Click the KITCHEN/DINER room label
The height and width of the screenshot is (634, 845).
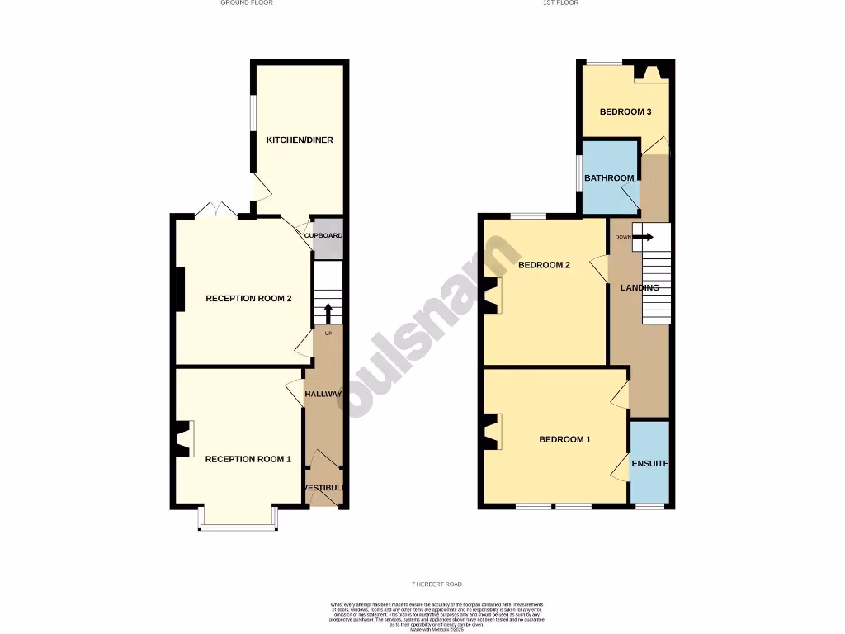[x=299, y=140]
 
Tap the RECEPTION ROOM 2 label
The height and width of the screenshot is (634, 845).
[x=248, y=299]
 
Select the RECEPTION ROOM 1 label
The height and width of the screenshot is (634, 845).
[x=248, y=459]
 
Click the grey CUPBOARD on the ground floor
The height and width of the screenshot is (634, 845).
[x=323, y=236]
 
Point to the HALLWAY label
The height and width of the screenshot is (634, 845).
[x=323, y=395]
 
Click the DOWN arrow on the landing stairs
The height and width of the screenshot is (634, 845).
[x=644, y=238]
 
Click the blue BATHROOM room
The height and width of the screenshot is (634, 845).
[x=609, y=178]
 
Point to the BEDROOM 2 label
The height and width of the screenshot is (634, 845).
[x=545, y=266]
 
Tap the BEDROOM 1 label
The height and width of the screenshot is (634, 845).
[x=564, y=440]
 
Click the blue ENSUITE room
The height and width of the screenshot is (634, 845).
[x=649, y=464]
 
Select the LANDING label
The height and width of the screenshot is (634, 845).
[x=640, y=288]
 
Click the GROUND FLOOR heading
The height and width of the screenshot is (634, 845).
[x=247, y=3]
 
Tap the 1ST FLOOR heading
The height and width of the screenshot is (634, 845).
[x=561, y=3]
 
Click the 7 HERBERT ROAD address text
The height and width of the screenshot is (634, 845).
[x=438, y=584]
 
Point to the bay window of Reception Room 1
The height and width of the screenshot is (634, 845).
[x=238, y=520]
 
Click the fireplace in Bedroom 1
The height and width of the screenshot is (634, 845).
[x=492, y=432]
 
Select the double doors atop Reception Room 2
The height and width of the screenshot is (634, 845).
[x=216, y=209]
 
